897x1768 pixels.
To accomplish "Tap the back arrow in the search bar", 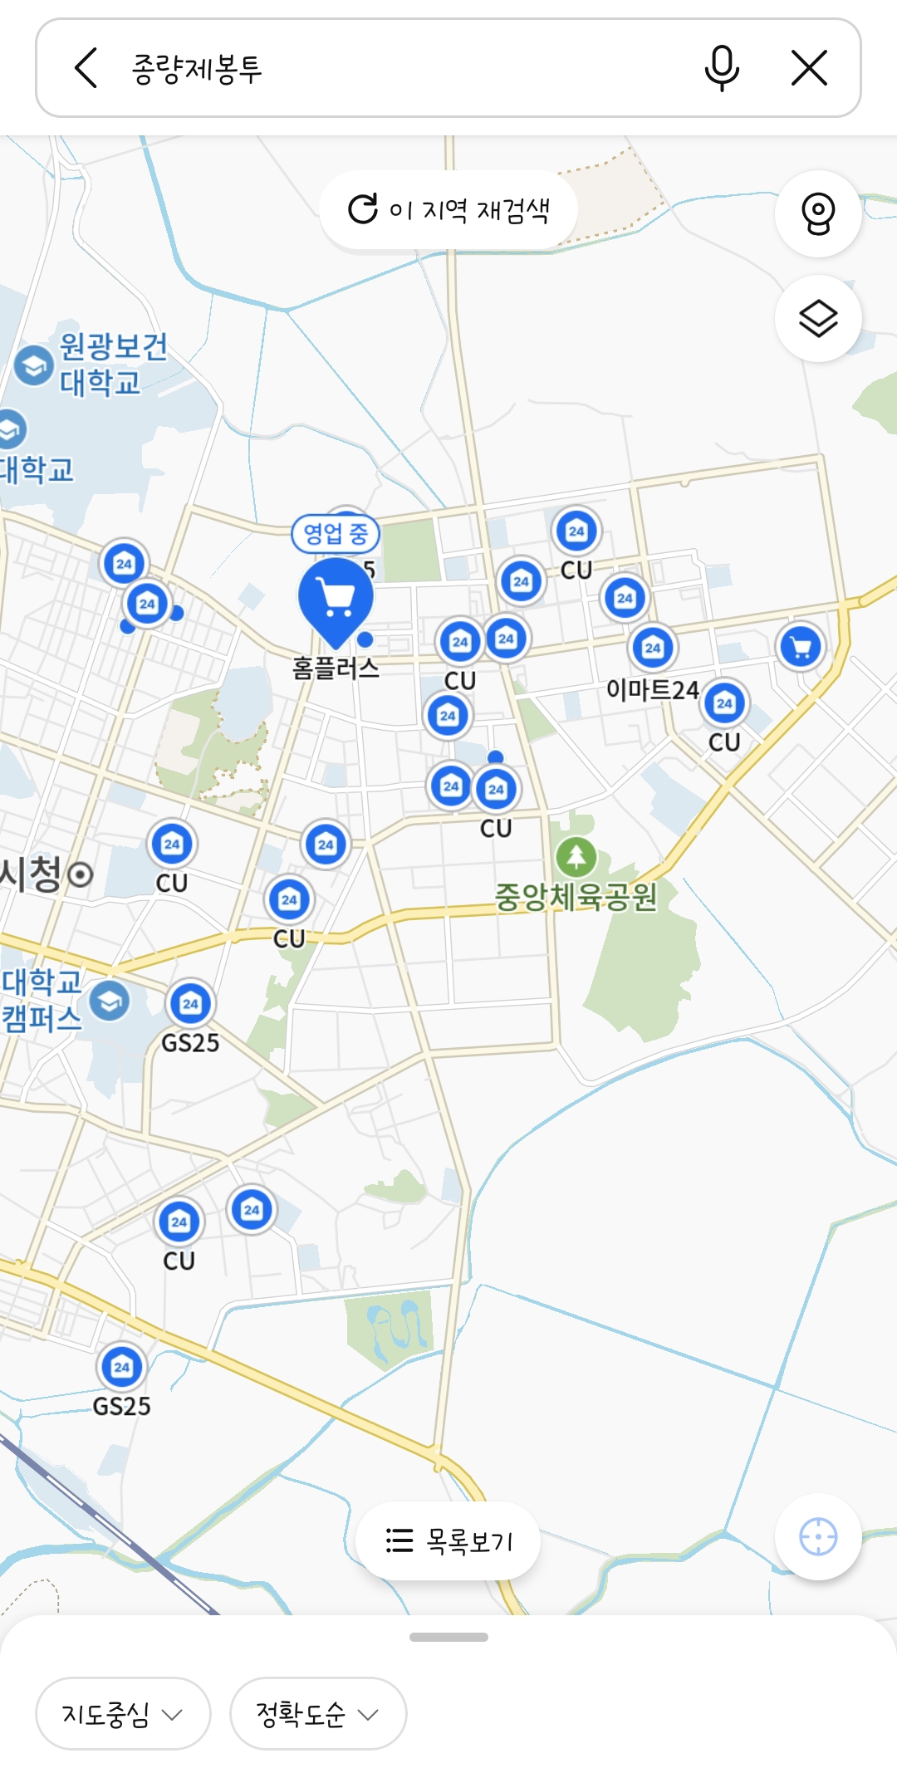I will [x=86, y=68].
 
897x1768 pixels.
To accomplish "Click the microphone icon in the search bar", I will [x=722, y=68].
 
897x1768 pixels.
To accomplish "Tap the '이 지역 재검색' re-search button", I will [x=448, y=210].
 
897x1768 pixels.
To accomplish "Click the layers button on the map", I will [x=818, y=318].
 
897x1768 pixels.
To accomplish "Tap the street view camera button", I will [x=818, y=213].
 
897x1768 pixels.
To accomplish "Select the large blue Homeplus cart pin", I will [x=336, y=598].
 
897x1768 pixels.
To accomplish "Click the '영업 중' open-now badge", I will [x=336, y=533].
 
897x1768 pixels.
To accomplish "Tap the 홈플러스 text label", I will [x=336, y=669].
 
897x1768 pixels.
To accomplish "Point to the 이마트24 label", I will [x=652, y=689].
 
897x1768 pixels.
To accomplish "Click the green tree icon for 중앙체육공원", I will [x=576, y=856].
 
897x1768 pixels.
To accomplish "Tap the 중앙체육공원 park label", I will [x=576, y=897].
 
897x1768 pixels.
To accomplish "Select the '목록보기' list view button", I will [x=448, y=1541].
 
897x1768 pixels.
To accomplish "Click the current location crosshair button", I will [x=818, y=1537].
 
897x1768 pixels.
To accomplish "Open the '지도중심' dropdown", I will [x=123, y=1714].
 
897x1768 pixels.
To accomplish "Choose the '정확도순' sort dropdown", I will [x=317, y=1714].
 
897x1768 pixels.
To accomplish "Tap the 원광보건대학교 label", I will [x=112, y=364].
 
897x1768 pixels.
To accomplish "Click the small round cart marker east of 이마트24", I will [x=801, y=647].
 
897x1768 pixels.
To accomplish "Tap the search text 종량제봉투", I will [x=197, y=68].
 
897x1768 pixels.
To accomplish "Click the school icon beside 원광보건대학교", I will [x=34, y=365].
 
